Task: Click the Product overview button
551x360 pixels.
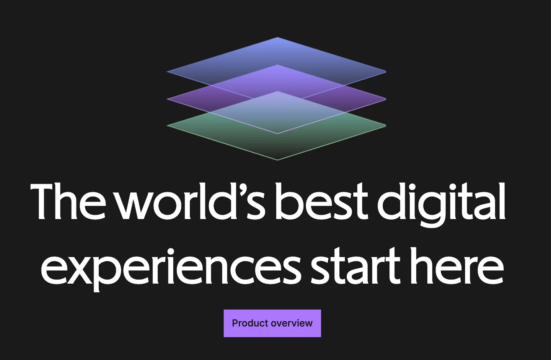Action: [272, 323]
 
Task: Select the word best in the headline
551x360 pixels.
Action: [321, 201]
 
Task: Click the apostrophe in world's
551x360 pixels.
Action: [243, 188]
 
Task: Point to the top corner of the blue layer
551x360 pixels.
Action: [277, 37]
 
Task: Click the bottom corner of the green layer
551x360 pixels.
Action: [277, 160]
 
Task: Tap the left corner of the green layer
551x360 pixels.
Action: [167, 125]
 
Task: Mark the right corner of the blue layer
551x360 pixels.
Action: [386, 72]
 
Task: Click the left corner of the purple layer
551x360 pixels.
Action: [167, 99]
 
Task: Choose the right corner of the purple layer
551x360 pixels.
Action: [386, 99]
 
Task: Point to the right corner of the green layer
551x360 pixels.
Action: [386, 125]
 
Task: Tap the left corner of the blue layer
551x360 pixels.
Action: [167, 72]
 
